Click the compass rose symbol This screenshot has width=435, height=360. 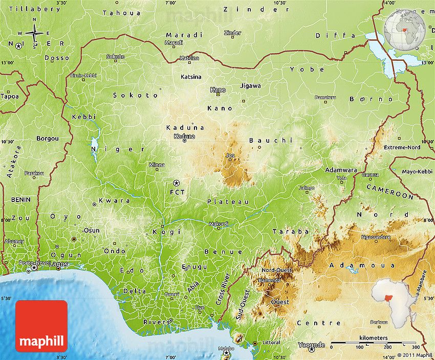tap(34, 34)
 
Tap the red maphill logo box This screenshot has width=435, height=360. tap(41, 326)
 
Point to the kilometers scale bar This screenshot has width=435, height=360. tap(374, 343)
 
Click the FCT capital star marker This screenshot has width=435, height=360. tap(177, 183)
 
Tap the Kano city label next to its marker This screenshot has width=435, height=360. tap(218, 90)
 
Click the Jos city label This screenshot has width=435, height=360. tap(230, 155)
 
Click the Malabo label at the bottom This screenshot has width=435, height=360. tap(226, 348)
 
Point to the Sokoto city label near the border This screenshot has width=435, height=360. tap(115, 56)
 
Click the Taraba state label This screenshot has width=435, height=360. tap(291, 232)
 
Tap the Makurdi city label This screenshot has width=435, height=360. tap(219, 224)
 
